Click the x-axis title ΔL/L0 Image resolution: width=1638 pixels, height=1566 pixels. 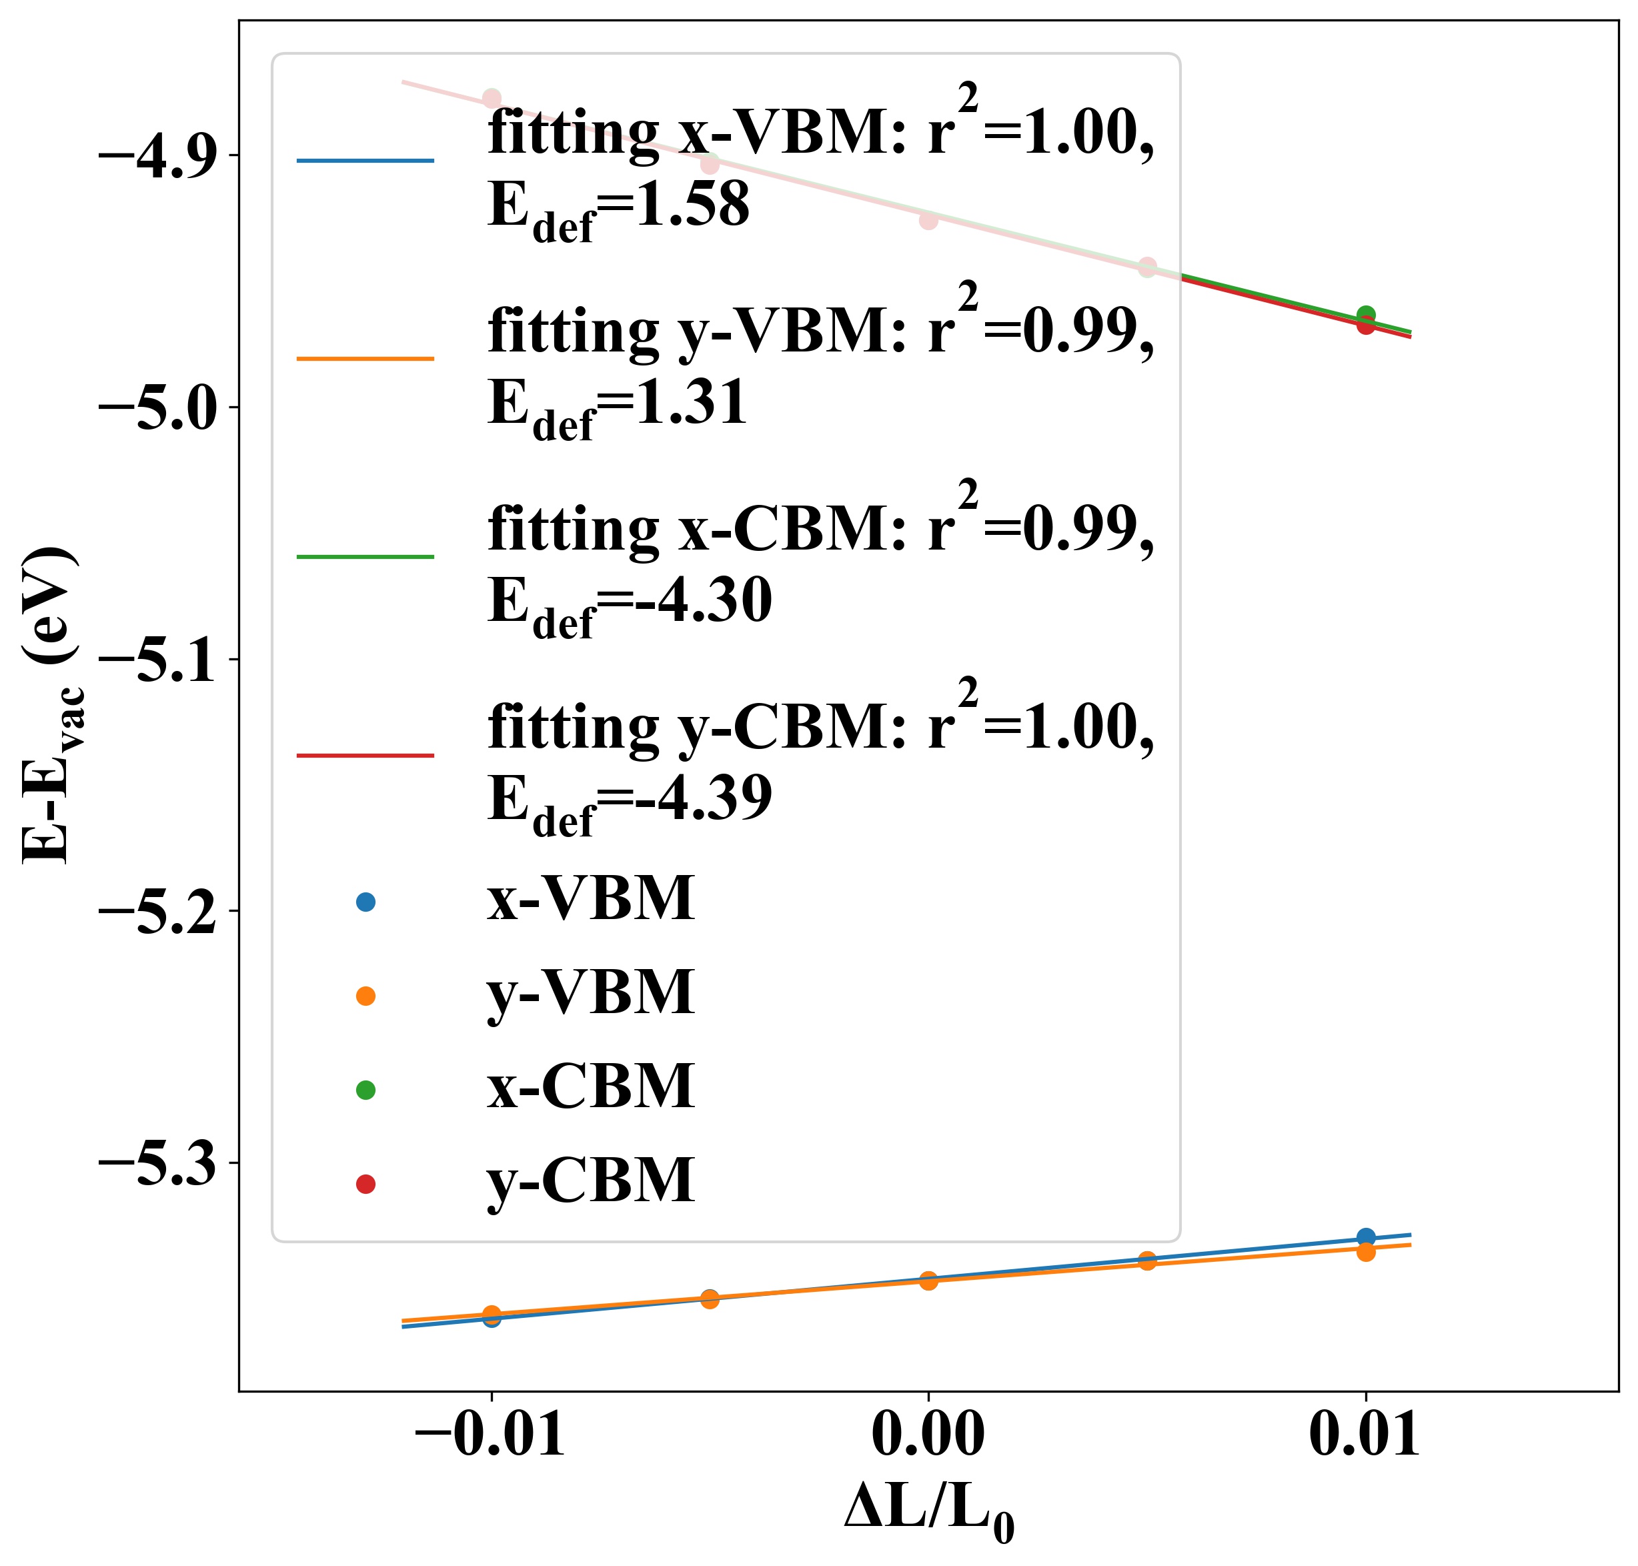(x=928, y=1513)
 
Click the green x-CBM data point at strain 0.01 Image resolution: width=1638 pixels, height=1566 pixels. (x=1366, y=315)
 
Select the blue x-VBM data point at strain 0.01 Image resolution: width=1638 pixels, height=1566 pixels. (x=1366, y=1237)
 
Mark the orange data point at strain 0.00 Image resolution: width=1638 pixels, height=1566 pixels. (x=928, y=1280)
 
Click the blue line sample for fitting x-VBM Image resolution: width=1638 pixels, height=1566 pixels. (x=365, y=160)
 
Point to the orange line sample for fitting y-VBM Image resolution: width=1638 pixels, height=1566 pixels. (x=365, y=359)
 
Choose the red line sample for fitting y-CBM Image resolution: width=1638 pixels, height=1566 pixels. (x=365, y=756)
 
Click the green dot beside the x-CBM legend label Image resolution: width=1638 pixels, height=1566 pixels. (x=365, y=1089)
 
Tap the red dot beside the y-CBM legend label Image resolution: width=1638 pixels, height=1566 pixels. (x=365, y=1184)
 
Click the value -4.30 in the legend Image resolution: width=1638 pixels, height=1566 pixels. (x=701, y=602)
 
